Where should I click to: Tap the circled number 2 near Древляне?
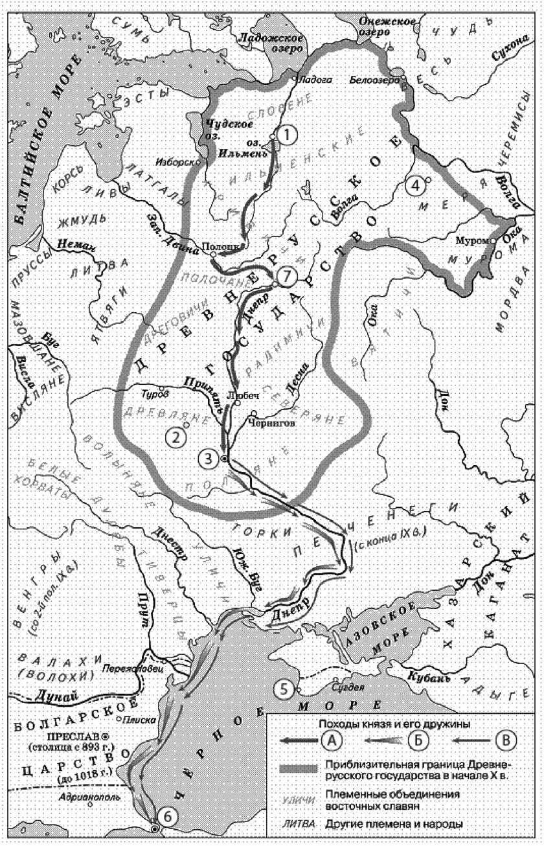174,437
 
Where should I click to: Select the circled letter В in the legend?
506,738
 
